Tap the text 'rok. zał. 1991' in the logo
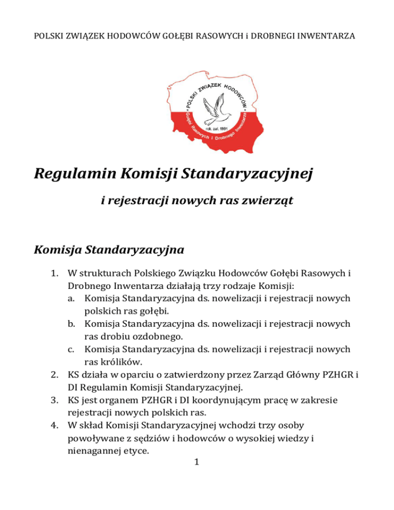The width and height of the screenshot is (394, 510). tap(215, 129)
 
